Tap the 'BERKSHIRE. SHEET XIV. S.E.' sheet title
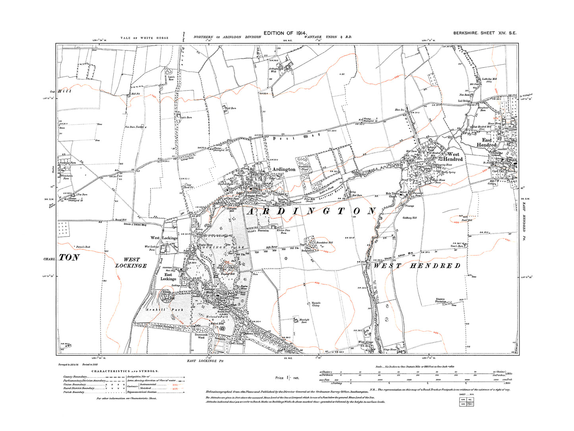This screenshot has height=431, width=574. pyautogui.click(x=485, y=33)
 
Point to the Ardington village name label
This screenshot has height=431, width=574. pyautogui.click(x=284, y=169)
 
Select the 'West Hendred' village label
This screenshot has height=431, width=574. pyautogui.click(x=453, y=157)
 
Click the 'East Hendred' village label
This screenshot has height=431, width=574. pyautogui.click(x=487, y=142)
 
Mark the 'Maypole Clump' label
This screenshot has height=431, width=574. pyautogui.click(x=316, y=304)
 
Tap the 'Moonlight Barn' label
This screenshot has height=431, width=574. pyautogui.click(x=304, y=321)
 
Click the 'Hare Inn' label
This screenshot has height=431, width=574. pyautogui.click(x=400, y=109)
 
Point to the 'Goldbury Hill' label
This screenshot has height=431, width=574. pyautogui.click(x=410, y=218)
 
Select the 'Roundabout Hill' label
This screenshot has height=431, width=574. pyautogui.click(x=325, y=243)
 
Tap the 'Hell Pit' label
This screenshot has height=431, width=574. pyautogui.click(x=136, y=94)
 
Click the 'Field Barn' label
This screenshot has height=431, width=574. pyautogui.click(x=230, y=108)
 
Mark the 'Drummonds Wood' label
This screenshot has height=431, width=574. pyautogui.click(x=201, y=336)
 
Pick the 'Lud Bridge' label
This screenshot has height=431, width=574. pyautogui.click(x=464, y=101)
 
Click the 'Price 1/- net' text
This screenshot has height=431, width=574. pyautogui.click(x=287, y=378)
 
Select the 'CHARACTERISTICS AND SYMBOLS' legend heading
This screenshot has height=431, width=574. pyautogui.click(x=125, y=371)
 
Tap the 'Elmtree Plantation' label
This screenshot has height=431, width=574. pyautogui.click(x=441, y=300)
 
